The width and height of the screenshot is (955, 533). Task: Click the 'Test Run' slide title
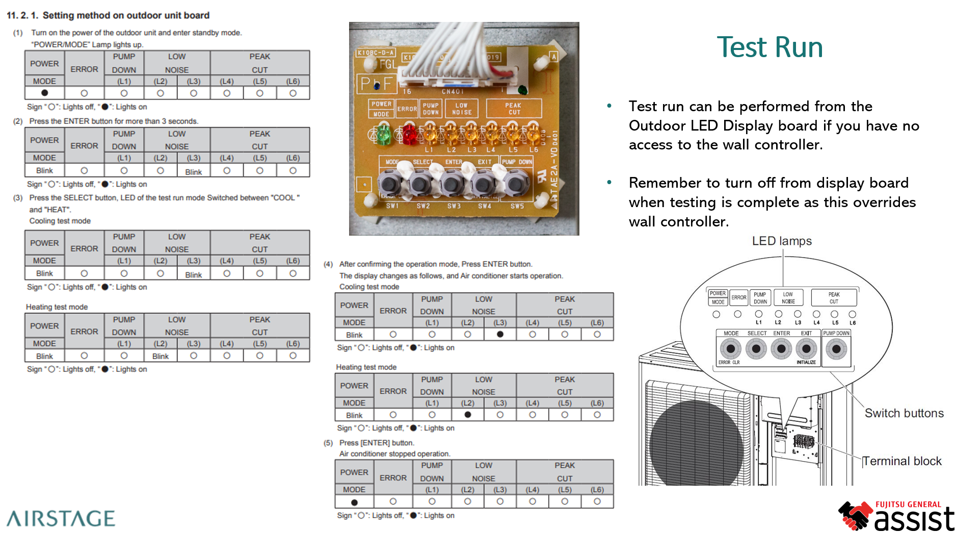(770, 47)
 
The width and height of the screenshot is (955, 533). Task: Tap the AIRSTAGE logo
(61, 518)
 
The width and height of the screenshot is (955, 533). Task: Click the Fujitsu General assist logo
(896, 516)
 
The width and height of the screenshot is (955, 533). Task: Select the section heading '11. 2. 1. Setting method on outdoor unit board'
(108, 15)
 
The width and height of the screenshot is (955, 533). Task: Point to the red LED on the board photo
(409, 135)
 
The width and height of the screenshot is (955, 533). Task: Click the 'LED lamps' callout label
(782, 241)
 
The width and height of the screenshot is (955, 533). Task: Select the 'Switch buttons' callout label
(904, 413)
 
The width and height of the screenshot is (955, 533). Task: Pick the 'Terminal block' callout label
(901, 461)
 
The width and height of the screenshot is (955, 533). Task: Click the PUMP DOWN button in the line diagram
(836, 349)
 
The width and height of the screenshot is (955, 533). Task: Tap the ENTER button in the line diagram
(781, 349)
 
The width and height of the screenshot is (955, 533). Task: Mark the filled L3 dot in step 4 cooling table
(500, 335)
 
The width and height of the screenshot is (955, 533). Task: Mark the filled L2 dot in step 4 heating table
(468, 415)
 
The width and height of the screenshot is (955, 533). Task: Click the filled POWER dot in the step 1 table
(45, 93)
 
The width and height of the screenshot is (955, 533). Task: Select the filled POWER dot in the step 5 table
(354, 502)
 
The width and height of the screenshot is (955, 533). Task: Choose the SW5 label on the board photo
(517, 206)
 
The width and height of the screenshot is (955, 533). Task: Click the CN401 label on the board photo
(453, 92)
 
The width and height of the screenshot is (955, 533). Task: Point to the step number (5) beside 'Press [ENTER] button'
(328, 443)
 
